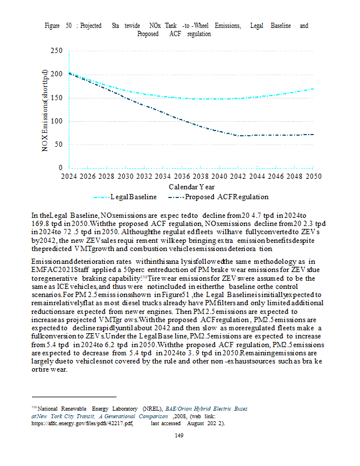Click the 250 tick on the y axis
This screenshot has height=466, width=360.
tap(57, 51)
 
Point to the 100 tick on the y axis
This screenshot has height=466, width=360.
tap(57, 121)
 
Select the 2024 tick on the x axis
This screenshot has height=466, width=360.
tap(69, 176)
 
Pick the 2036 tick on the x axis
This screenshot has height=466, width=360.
tap(182, 176)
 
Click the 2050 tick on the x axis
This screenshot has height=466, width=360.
tap(314, 176)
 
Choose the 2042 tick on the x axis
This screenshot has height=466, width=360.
tap(239, 176)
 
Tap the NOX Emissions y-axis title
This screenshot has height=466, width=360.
tap(45, 111)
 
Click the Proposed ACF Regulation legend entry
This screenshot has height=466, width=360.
tap(227, 197)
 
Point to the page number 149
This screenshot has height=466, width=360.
tap(180, 437)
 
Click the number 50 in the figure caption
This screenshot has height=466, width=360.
tap(69, 26)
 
